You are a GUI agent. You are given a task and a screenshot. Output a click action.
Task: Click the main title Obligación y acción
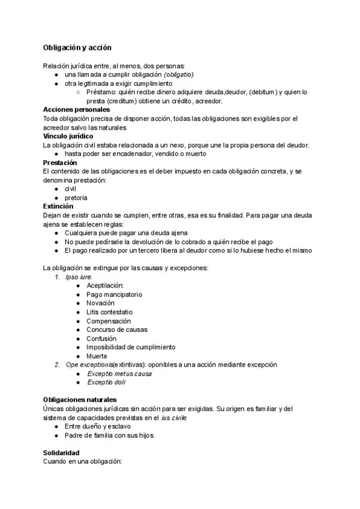click(x=77, y=47)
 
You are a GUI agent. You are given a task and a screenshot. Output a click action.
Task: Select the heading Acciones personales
click(x=76, y=110)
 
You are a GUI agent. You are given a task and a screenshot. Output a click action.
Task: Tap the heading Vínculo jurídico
click(x=68, y=136)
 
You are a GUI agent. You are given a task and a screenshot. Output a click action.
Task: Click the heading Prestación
click(x=60, y=163)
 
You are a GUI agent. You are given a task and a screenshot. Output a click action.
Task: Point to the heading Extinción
click(x=58, y=206)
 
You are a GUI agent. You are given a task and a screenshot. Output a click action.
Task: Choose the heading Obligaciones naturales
click(x=80, y=400)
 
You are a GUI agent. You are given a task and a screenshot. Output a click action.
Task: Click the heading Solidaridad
click(x=61, y=453)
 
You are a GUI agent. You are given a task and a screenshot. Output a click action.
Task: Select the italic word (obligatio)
click(x=179, y=74)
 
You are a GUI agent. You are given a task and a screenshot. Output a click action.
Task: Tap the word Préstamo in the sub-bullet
click(x=101, y=92)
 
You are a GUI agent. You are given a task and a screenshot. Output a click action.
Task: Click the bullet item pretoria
click(x=76, y=197)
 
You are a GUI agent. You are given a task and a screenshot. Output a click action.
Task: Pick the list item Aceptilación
click(x=105, y=286)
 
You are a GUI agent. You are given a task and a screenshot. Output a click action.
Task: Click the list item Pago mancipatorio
click(x=114, y=295)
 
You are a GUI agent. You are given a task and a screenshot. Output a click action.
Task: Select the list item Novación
click(x=100, y=303)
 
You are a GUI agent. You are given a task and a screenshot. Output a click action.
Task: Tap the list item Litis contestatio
click(x=109, y=312)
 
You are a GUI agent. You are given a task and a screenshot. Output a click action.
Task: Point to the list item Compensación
click(x=108, y=321)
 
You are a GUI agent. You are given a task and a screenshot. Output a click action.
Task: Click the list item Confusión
click(x=101, y=339)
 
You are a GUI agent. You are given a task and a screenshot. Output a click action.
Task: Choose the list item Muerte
click(x=97, y=356)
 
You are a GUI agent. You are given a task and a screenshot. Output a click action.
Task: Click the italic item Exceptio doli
click(x=106, y=382)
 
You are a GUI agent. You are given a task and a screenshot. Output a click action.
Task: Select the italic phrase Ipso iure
click(x=78, y=277)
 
